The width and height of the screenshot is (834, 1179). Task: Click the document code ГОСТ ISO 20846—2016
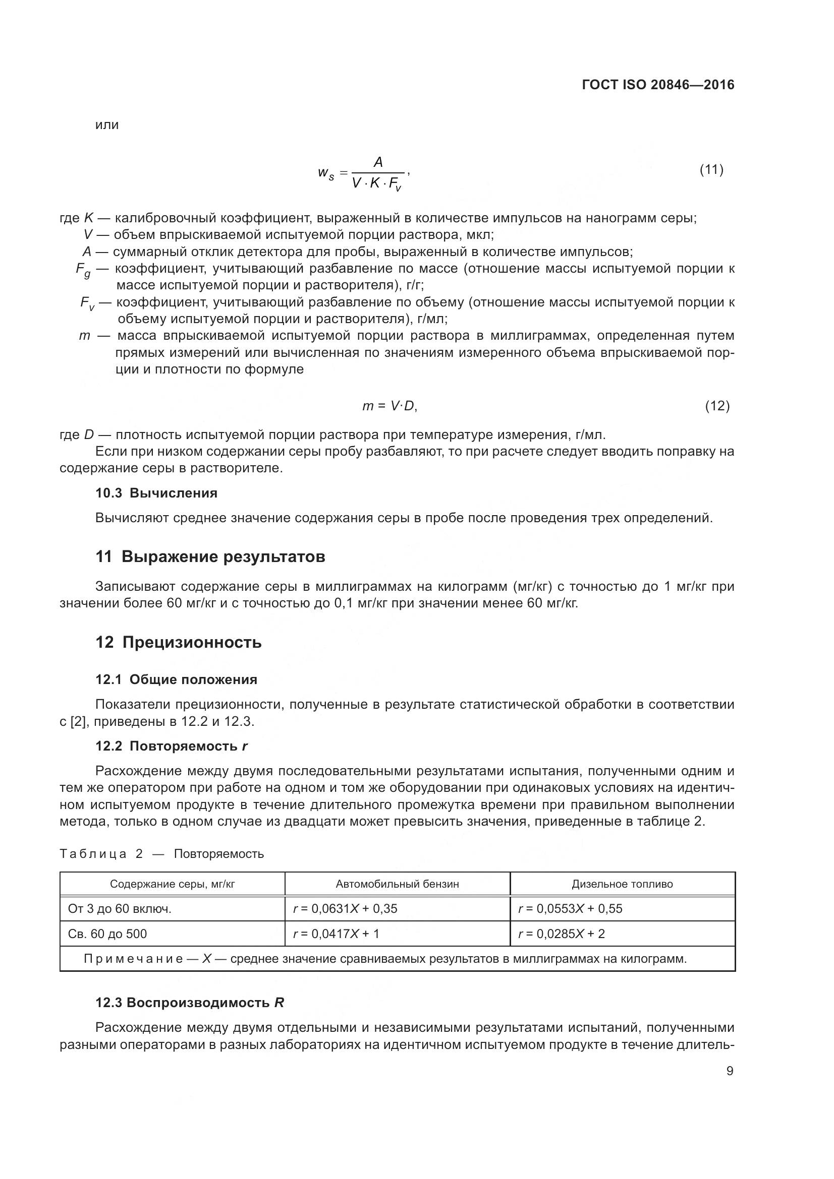(658, 85)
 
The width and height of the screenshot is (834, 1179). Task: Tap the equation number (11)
(711, 170)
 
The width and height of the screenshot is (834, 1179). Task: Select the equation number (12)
(717, 406)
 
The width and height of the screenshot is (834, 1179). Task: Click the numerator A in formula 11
(378, 163)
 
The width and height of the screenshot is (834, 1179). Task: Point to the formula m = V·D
(389, 406)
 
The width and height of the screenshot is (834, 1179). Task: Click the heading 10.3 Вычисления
(156, 493)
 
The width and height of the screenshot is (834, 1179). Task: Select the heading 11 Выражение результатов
(210, 556)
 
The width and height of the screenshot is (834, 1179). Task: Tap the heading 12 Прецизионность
(178, 642)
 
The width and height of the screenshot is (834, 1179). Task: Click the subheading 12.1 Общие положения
(176, 680)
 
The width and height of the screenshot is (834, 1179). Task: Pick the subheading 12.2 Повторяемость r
(172, 746)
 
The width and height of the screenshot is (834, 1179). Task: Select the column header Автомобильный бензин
(397, 884)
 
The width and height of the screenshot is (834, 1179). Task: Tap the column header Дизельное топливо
(622, 884)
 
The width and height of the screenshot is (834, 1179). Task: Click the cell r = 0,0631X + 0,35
(345, 909)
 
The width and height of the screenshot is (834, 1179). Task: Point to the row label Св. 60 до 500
(107, 934)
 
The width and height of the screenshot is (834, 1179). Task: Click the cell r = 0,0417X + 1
(336, 934)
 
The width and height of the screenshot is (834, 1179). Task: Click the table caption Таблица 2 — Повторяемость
(161, 854)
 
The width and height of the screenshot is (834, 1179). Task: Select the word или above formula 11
(107, 125)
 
